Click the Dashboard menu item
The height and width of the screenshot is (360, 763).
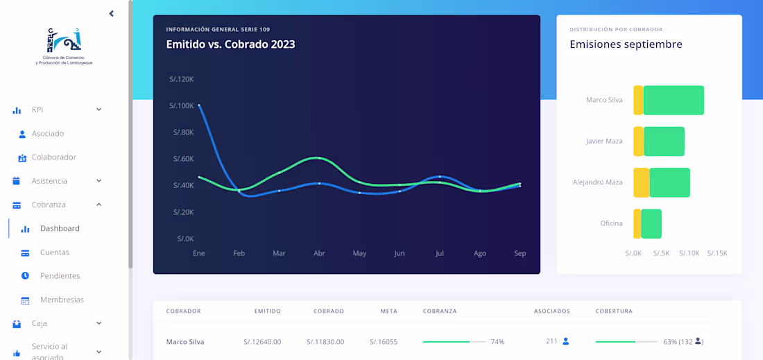(60, 228)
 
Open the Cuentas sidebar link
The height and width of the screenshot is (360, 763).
(55, 252)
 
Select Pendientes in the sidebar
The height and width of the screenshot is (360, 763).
(60, 276)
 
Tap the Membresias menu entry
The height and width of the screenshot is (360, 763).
(62, 300)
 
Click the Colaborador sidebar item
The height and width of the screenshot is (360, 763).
(53, 157)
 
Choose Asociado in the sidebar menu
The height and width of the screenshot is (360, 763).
(48, 133)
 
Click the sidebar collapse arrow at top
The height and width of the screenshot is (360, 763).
(111, 14)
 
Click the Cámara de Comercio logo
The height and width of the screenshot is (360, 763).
(64, 46)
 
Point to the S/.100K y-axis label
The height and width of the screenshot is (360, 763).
(181, 105)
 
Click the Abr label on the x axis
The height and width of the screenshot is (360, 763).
(319, 254)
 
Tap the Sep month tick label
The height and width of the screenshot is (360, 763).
(520, 254)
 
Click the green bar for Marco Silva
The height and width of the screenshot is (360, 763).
(674, 100)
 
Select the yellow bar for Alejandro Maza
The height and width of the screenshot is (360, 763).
(641, 182)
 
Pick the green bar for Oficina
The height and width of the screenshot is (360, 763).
(651, 223)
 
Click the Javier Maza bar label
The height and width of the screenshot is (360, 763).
(604, 142)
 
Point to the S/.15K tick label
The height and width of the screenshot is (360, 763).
(717, 254)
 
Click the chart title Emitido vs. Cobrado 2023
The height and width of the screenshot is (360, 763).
(230, 44)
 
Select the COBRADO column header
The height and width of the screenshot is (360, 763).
(329, 311)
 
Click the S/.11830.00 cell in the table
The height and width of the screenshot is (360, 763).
(325, 342)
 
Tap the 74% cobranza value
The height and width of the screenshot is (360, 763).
(497, 342)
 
